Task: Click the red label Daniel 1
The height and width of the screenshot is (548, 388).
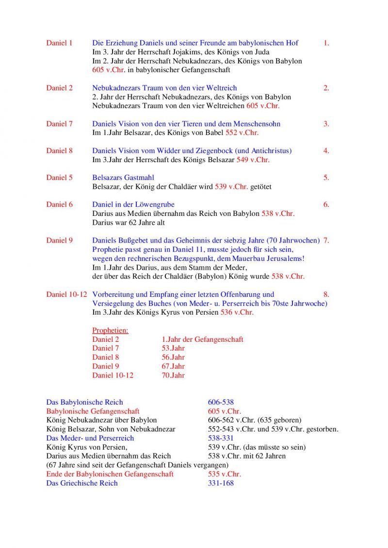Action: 59,43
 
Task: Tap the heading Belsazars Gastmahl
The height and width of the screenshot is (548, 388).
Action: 123,178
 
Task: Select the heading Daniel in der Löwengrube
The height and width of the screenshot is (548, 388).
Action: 133,204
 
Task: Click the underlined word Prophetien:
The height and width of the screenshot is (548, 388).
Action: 110,330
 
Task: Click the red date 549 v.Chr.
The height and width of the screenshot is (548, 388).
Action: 253,160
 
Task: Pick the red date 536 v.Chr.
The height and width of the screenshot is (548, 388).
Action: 237,312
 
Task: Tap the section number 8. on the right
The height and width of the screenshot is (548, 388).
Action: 326,294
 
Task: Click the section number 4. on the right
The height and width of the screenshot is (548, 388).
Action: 326,151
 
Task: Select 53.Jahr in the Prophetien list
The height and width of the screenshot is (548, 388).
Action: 173,348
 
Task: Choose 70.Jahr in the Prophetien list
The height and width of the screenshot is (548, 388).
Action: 173,375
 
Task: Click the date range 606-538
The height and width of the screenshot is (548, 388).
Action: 221,402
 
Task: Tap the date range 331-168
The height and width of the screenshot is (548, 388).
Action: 221,483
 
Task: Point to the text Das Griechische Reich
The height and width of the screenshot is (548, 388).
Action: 82,483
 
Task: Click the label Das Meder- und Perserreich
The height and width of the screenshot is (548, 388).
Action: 90,438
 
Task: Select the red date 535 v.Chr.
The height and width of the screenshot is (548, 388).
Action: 224,474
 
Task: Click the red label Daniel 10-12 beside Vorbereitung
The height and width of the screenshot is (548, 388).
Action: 66,294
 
